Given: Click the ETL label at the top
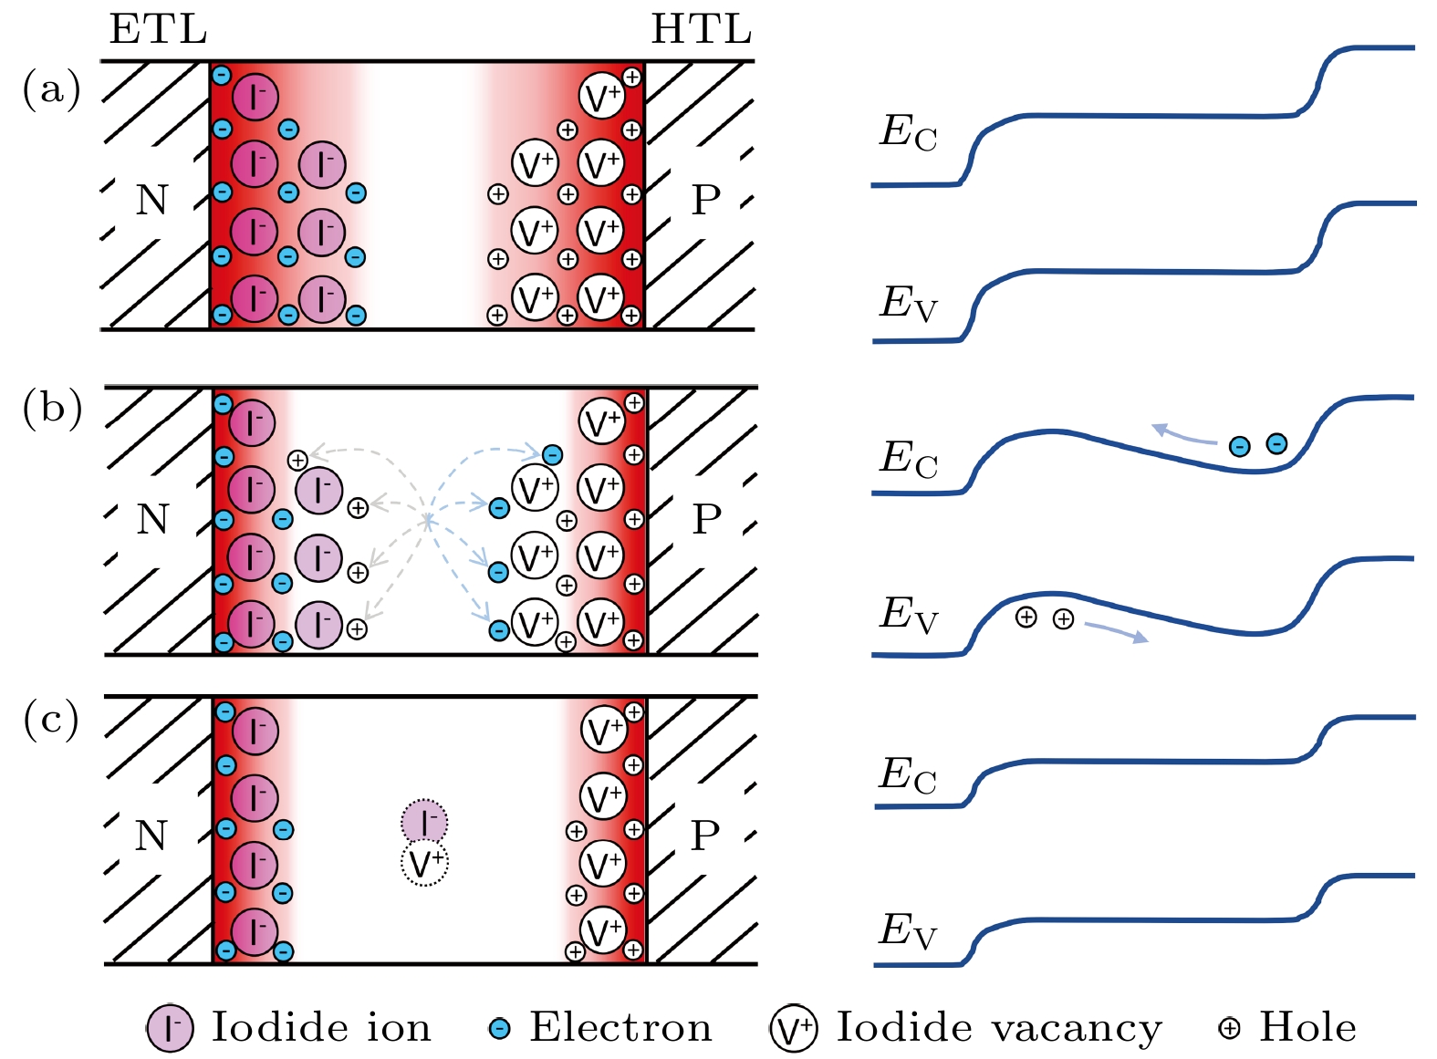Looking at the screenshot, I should (x=158, y=29).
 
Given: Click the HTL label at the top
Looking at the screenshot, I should (x=701, y=29).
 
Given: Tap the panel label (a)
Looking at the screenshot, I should (x=51, y=89).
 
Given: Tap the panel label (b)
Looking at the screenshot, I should (x=52, y=408).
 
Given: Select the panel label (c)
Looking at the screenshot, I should (x=51, y=720).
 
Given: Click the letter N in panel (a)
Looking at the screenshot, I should (x=152, y=200).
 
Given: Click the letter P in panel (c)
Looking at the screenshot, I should (x=705, y=836).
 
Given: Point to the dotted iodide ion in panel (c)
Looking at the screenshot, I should (x=424, y=822).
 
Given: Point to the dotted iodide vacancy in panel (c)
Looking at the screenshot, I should (x=424, y=863).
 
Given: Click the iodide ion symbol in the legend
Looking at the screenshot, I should (x=170, y=1028).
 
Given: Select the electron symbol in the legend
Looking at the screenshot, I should (x=499, y=1029).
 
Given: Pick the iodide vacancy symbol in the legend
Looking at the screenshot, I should (x=793, y=1029).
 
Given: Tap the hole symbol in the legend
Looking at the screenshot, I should (x=1229, y=1029).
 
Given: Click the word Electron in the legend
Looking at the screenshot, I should (x=620, y=1028).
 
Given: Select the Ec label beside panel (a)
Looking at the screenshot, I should (x=907, y=132).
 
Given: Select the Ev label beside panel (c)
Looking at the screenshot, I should (x=907, y=931).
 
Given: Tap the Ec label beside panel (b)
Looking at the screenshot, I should (x=907, y=459).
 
